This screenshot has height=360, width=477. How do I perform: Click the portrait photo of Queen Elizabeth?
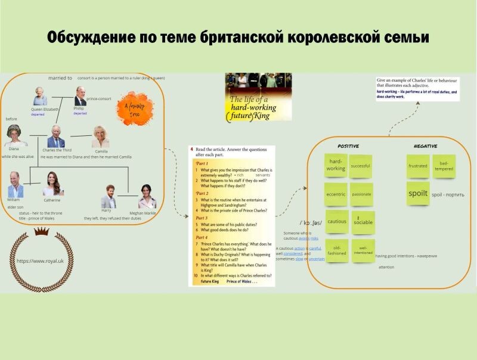click(40, 96)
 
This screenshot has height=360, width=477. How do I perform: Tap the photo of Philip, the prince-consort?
click(79, 96)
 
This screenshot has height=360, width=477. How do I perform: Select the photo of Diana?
click(14, 135)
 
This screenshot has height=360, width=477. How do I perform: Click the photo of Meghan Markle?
click(146, 195)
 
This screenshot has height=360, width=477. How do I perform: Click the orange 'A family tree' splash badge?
click(133, 107)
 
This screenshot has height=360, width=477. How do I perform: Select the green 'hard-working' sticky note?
click(336, 165)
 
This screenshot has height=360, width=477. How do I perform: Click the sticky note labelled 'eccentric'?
click(336, 194)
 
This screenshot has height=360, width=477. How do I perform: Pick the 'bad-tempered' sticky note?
click(444, 165)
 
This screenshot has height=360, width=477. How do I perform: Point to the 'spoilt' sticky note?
click(418, 194)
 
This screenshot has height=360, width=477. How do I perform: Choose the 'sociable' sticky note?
click(363, 222)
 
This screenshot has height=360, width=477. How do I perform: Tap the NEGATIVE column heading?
click(425, 146)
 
